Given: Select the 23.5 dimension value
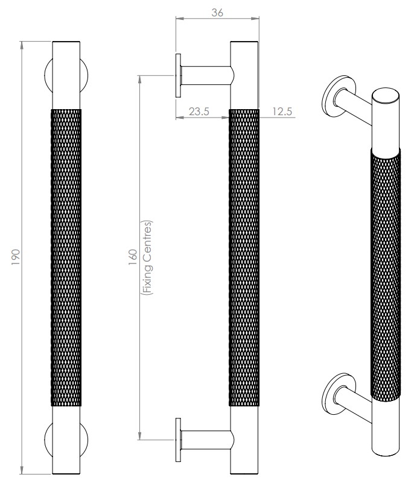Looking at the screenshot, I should coord(199,111).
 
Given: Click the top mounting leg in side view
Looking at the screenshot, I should coord(205,75).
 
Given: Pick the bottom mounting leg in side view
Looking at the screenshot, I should coord(205,438).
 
